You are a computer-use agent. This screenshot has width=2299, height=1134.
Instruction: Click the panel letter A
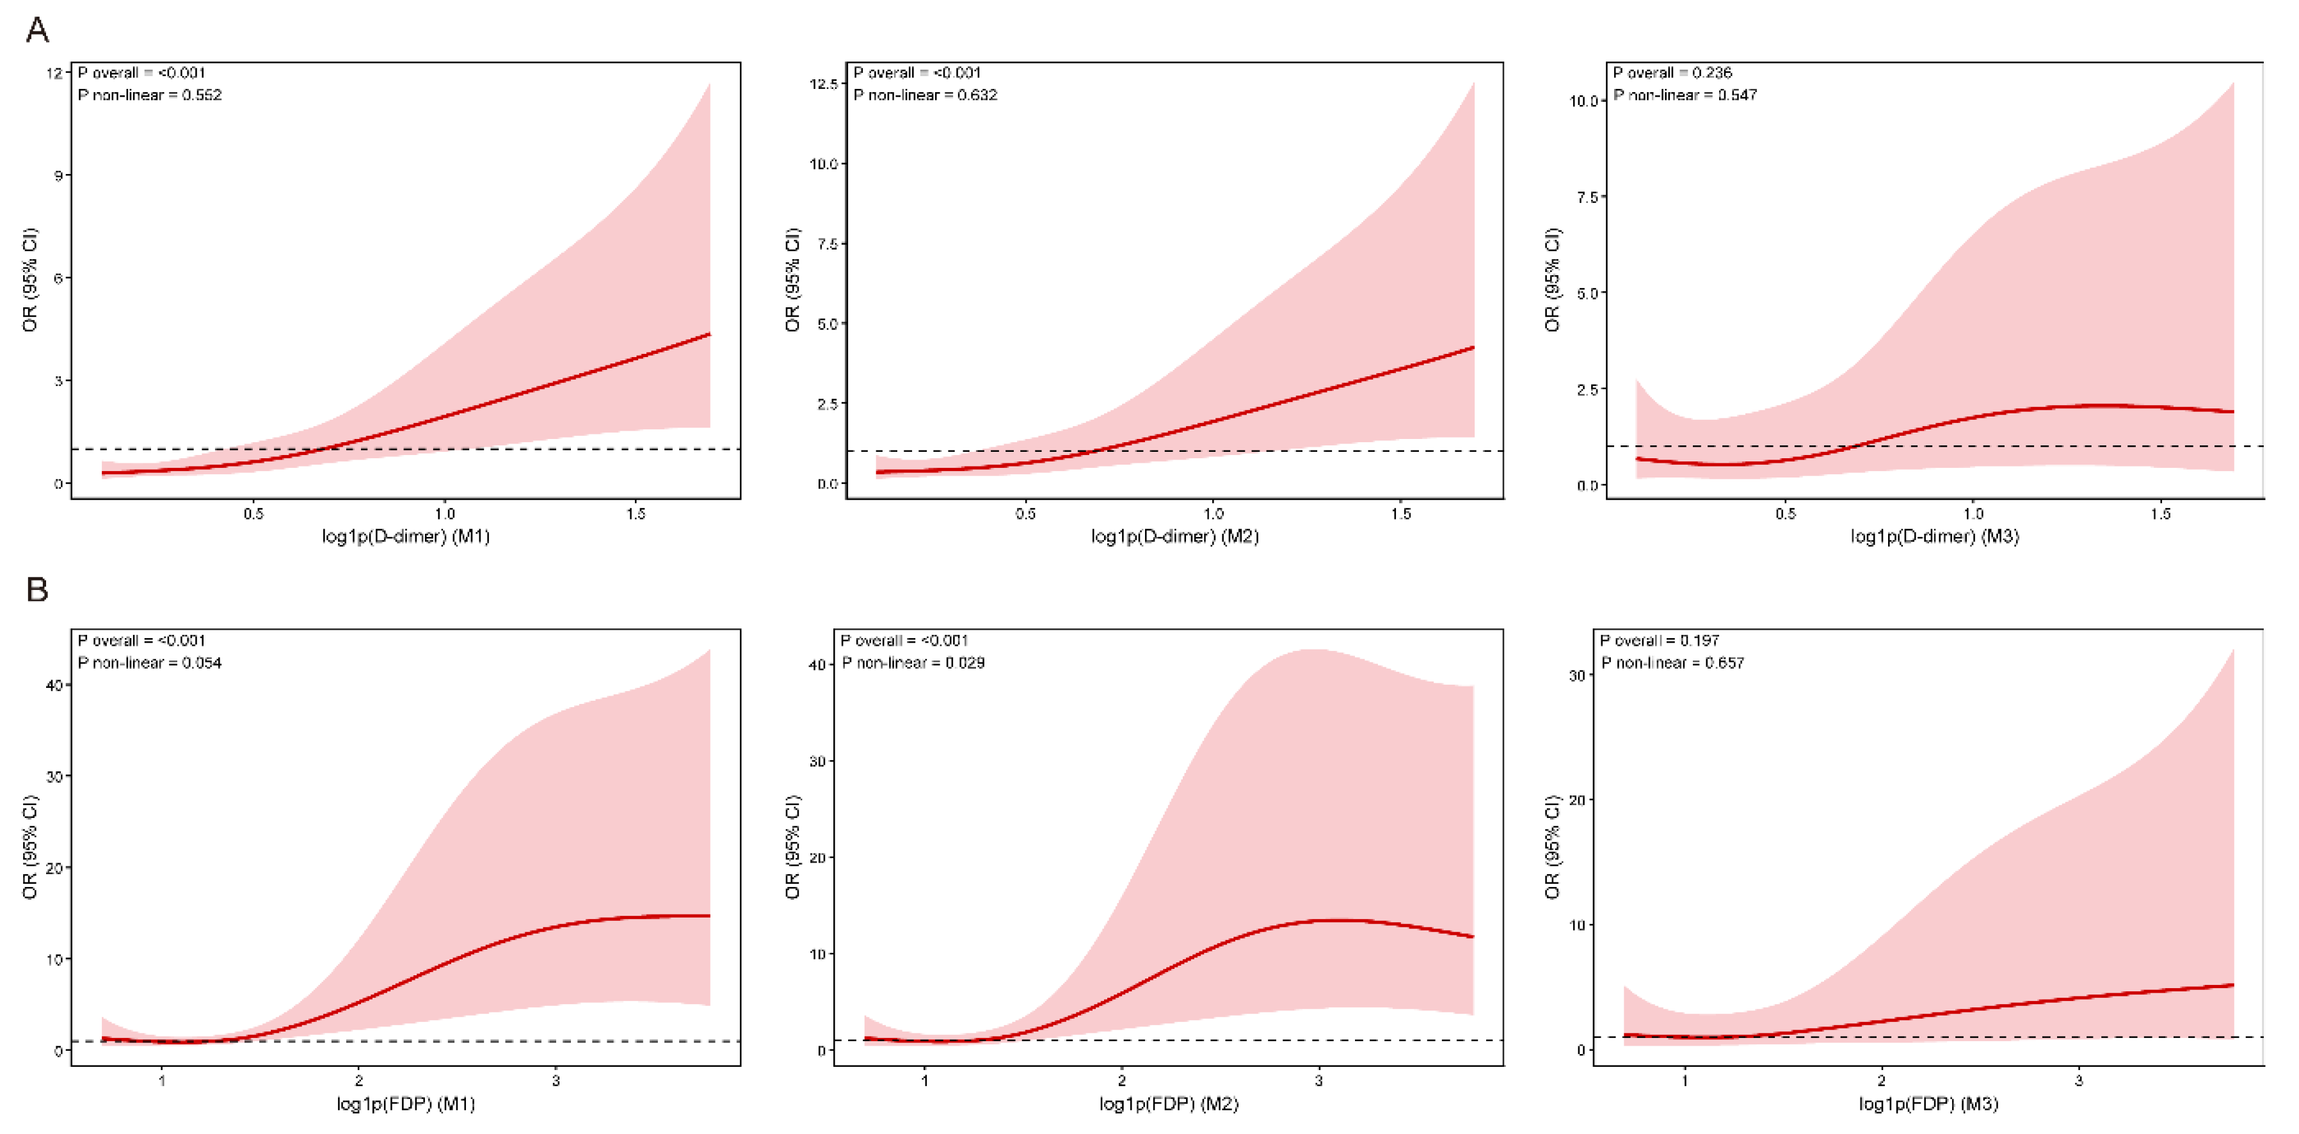(x=36, y=30)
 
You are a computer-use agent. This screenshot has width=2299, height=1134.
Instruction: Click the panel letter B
(x=36, y=590)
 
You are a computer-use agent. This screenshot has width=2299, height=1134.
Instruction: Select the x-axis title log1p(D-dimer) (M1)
(x=406, y=536)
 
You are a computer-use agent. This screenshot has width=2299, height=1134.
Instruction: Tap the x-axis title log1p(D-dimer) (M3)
(x=1935, y=536)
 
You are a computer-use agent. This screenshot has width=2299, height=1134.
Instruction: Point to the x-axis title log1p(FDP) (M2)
(x=1169, y=1104)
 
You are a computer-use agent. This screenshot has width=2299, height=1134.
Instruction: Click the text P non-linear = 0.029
(x=913, y=663)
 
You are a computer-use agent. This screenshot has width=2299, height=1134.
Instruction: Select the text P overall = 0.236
(x=1672, y=72)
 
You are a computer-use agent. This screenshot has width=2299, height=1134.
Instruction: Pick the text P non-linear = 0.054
(x=150, y=663)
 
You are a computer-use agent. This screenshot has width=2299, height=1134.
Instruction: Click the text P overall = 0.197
(x=1660, y=641)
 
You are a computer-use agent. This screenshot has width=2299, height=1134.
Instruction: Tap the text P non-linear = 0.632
(x=925, y=95)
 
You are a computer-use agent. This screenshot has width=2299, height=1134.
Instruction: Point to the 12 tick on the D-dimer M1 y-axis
(x=54, y=72)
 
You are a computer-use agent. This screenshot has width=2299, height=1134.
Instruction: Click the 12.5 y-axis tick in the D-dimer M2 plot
(x=823, y=84)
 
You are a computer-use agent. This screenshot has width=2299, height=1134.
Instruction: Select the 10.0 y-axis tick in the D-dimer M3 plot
(x=1583, y=101)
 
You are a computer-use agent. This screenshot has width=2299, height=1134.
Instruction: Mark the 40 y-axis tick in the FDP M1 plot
(x=54, y=685)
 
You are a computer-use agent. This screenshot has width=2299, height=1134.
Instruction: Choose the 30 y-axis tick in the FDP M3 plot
(x=1577, y=675)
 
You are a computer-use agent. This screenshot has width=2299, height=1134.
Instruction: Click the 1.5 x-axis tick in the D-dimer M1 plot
(x=636, y=514)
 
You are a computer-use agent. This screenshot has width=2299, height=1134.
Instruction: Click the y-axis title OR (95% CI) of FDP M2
(x=792, y=847)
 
